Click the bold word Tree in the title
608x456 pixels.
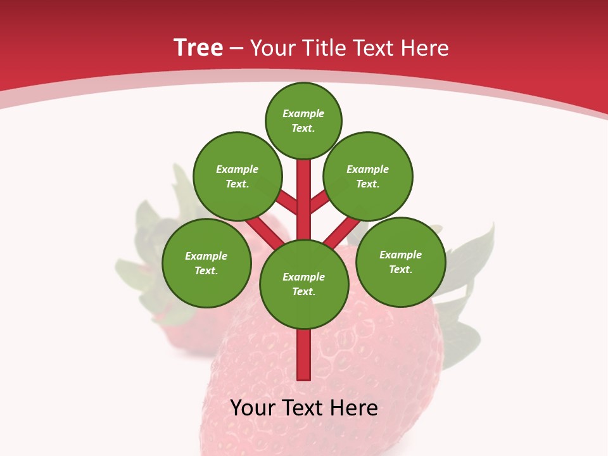198,48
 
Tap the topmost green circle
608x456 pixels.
303,120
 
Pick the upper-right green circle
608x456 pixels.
368,176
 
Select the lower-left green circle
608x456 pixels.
206,263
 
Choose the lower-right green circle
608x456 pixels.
400,262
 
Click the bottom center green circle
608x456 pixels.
304,284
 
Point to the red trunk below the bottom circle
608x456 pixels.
304,355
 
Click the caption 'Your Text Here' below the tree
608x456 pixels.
304,408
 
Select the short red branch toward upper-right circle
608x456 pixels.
320,201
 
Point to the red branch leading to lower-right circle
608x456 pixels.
343,232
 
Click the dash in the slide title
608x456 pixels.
236,49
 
